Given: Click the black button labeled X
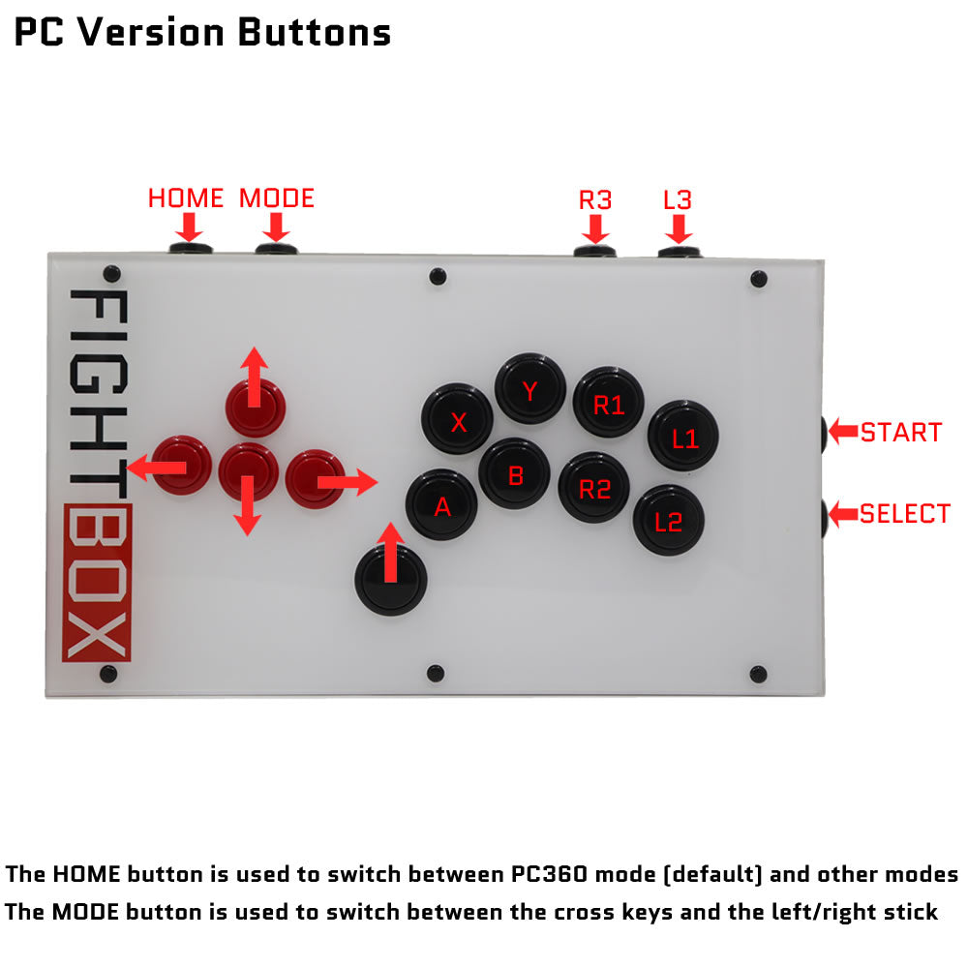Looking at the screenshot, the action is click(457, 419).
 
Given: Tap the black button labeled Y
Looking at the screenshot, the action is click(530, 388).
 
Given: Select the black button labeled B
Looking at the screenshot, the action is click(514, 473).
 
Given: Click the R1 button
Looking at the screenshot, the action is click(609, 403).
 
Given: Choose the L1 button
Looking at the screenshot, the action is click(683, 436).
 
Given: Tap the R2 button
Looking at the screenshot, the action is click(594, 487).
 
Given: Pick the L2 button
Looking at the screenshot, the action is click(669, 520).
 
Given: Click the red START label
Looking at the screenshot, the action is click(901, 432).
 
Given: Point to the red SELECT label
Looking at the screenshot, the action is click(905, 514).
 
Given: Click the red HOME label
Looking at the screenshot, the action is click(186, 198).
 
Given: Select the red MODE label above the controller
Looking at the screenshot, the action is click(277, 198).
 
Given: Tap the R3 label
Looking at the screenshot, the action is click(595, 200).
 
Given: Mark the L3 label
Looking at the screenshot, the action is click(678, 200).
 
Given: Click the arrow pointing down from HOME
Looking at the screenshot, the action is click(189, 227).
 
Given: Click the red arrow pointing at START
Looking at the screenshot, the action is click(843, 431).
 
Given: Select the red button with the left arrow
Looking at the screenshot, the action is click(182, 465).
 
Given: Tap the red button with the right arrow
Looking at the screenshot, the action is click(316, 479).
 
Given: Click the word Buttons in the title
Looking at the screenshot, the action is click(315, 32).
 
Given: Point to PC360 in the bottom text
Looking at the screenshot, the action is click(550, 874).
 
